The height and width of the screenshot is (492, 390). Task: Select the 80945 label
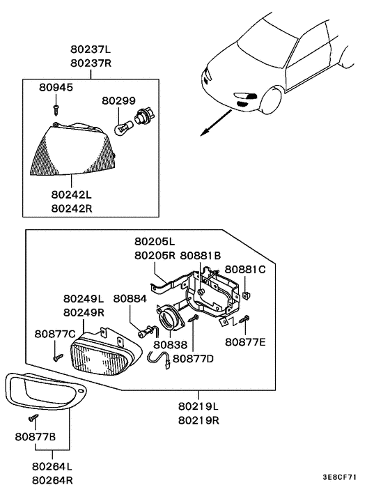(x=56, y=89)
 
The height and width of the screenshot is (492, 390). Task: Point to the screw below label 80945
(x=56, y=108)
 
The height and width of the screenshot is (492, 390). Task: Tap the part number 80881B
(x=200, y=256)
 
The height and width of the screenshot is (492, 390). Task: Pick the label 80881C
(x=245, y=270)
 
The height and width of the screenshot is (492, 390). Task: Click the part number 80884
(x=130, y=298)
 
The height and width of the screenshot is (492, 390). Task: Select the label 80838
(x=170, y=344)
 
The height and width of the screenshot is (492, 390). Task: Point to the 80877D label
(x=193, y=359)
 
